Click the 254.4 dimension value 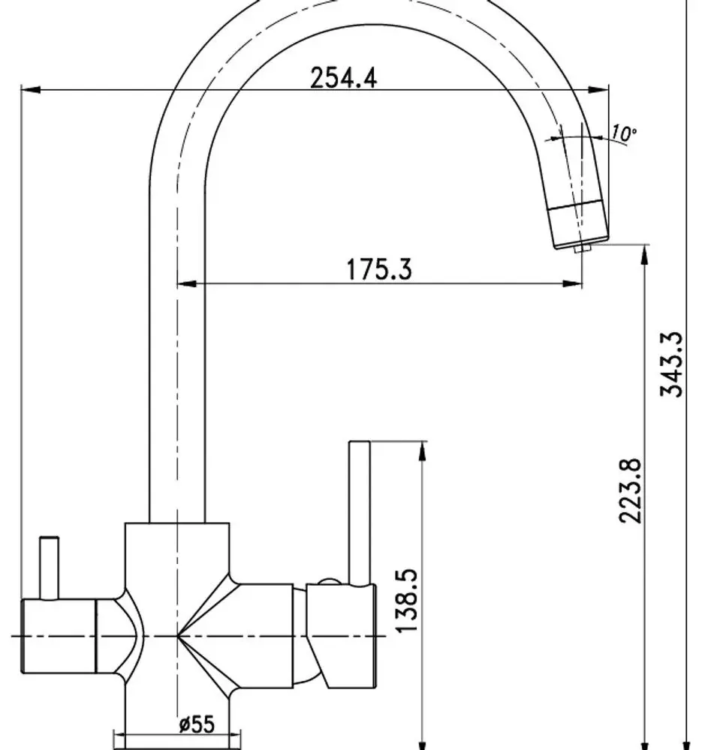344,77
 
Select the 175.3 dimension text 379,269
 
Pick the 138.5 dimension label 405,600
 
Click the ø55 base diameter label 197,724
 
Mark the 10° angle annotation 623,134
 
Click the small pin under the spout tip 583,247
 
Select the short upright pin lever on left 50,568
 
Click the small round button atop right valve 328,581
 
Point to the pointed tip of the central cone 178,636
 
